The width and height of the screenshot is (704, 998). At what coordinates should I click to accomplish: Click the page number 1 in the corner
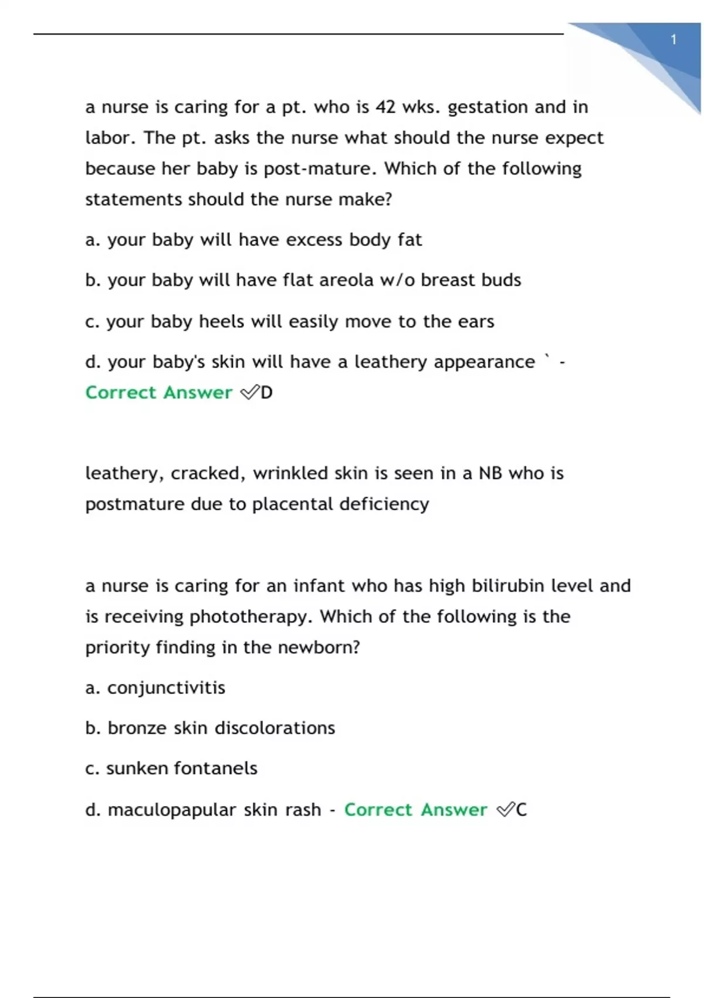(673, 40)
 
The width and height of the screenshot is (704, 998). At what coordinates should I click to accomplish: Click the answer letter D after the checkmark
(266, 393)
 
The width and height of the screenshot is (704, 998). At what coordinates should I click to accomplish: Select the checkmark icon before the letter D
(250, 393)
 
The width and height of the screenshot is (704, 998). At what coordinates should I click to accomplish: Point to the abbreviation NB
(490, 473)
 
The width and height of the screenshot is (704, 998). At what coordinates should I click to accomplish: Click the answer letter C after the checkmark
(521, 810)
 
